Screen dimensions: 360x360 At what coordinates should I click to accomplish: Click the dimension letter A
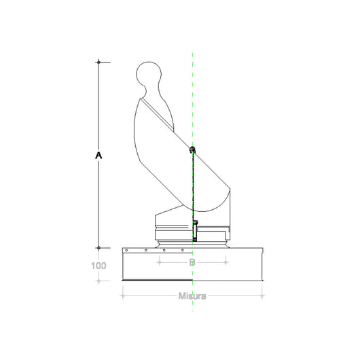(99, 156)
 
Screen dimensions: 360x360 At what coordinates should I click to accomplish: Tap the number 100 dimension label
(98, 266)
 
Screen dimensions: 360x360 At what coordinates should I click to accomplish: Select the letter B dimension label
(192, 262)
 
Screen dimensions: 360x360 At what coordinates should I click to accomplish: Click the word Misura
(193, 295)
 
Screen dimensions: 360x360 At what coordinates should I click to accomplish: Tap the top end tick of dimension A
(99, 62)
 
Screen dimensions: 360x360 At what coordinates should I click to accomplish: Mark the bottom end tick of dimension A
(99, 248)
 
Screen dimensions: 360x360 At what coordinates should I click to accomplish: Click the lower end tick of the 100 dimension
(99, 281)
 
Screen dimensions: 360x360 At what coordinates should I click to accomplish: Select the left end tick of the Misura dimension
(122, 296)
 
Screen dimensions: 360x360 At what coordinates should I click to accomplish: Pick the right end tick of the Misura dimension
(264, 296)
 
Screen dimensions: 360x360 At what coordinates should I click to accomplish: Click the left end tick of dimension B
(158, 262)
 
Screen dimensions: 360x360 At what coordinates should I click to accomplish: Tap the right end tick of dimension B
(227, 262)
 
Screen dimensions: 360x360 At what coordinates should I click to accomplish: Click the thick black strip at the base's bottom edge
(156, 280)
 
